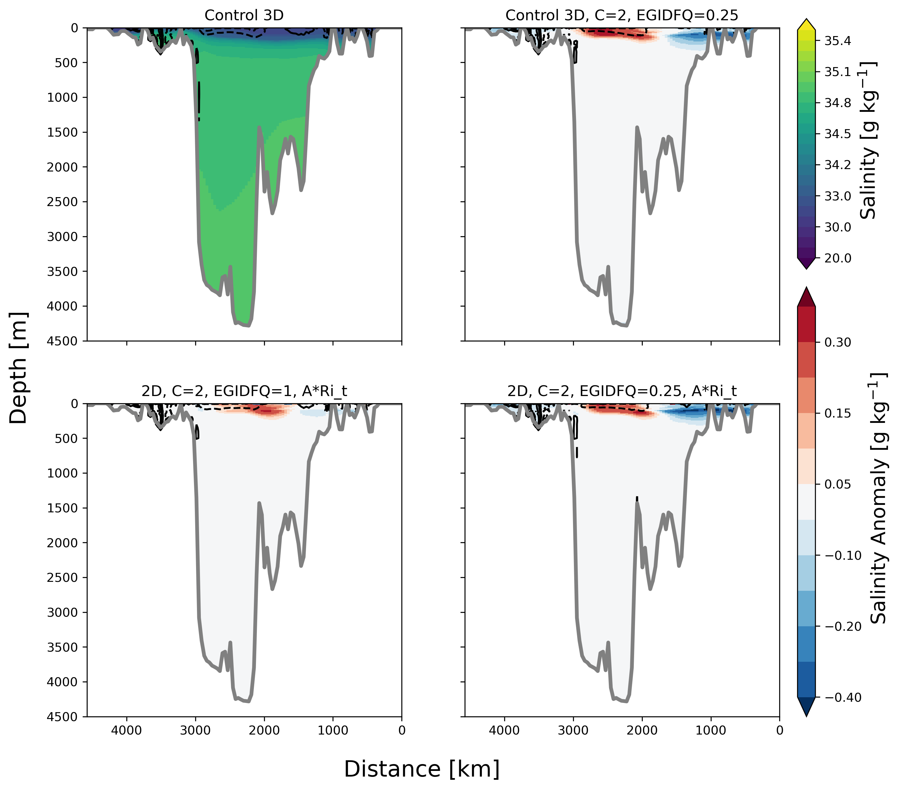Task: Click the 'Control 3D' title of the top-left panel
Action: [244, 16]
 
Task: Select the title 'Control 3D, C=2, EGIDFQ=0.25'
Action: [622, 16]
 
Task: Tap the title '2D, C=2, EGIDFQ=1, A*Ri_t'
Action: [244, 391]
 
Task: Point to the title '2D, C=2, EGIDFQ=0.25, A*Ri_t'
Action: [622, 391]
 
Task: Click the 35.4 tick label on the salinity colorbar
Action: [837, 41]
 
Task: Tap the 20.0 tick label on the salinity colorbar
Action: [837, 258]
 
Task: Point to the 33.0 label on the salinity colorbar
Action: [837, 196]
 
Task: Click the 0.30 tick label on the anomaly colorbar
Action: [837, 342]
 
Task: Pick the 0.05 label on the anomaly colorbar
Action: [837, 485]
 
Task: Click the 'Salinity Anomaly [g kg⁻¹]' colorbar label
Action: [878, 498]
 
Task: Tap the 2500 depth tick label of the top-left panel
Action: [62, 202]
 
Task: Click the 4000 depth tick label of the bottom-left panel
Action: [62, 682]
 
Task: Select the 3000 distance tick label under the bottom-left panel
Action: [196, 731]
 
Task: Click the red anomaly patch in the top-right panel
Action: [616, 33]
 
